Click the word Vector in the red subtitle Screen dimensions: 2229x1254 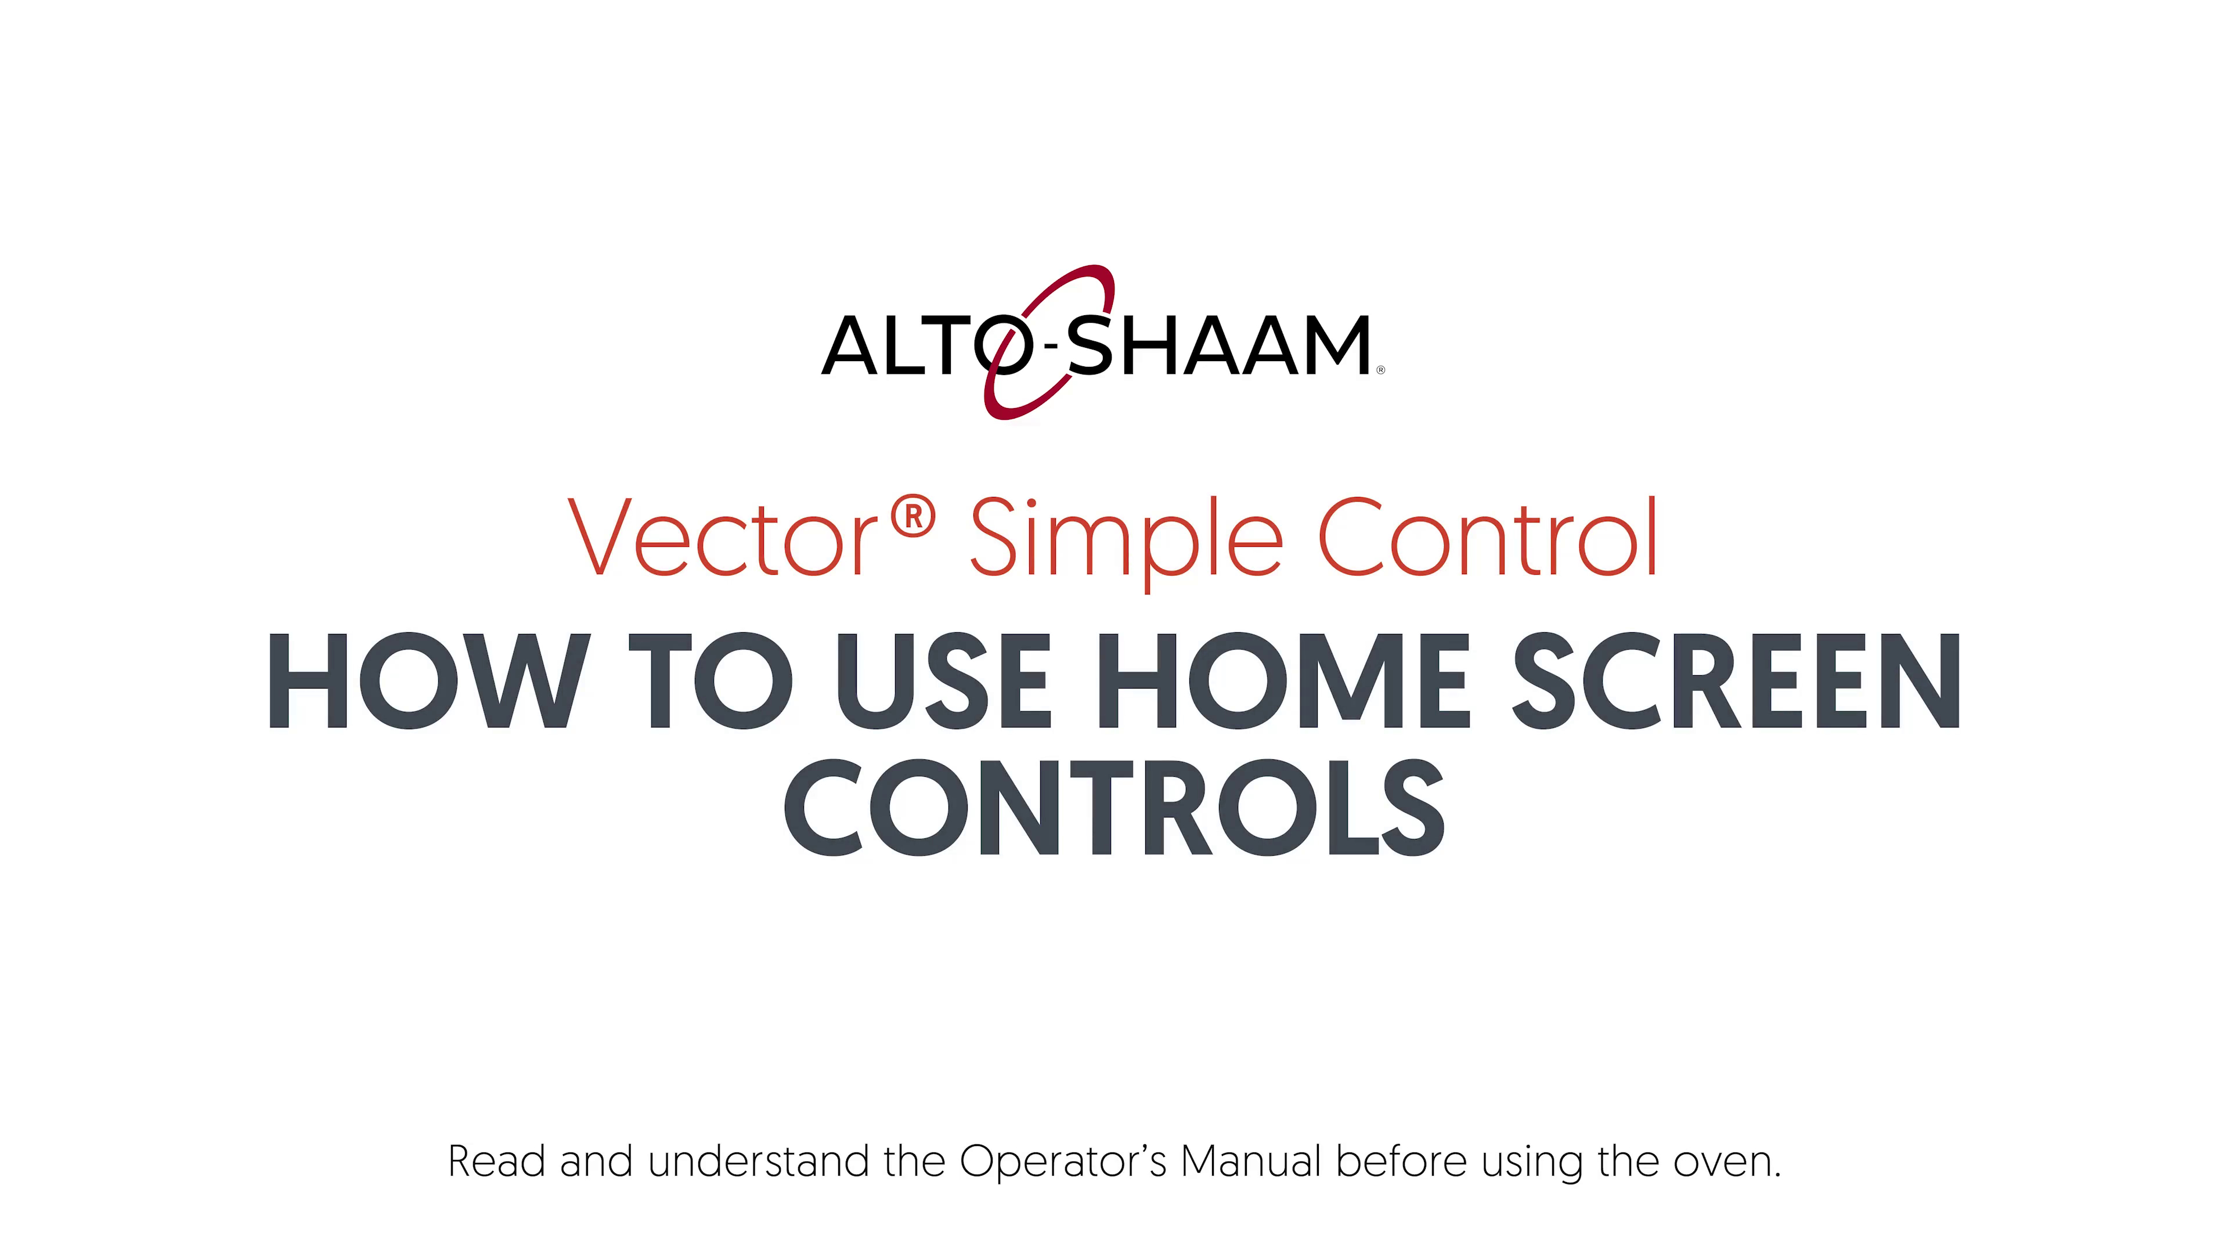coord(723,538)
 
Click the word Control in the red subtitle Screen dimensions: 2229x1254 coord(1487,536)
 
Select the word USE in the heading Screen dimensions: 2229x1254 coord(943,680)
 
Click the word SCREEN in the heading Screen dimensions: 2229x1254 coord(1737,680)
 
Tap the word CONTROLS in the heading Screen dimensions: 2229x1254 coord(1114,808)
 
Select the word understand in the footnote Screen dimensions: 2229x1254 coord(759,1161)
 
